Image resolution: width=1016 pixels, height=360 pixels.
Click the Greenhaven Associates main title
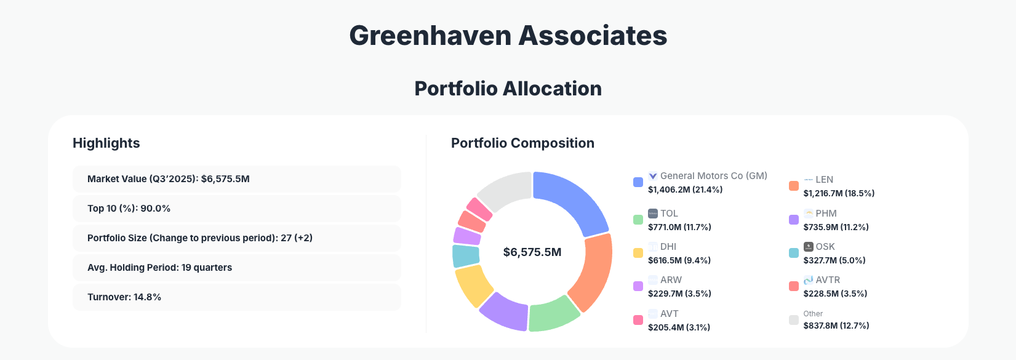click(508, 35)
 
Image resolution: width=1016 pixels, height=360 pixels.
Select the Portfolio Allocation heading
click(508, 89)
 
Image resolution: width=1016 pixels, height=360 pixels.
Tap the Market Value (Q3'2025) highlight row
click(236, 179)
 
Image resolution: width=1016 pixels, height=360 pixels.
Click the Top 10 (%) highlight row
click(236, 209)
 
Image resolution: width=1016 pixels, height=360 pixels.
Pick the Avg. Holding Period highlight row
click(236, 268)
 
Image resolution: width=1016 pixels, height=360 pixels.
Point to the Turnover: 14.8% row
click(236, 297)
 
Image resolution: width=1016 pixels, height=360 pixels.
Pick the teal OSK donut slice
click(465, 256)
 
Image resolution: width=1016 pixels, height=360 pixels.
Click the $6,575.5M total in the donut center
click(532, 252)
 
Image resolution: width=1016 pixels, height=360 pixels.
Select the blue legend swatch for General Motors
click(638, 182)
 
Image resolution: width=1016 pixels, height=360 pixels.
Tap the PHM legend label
click(826, 214)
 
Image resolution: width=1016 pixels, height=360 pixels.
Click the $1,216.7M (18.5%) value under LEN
click(839, 193)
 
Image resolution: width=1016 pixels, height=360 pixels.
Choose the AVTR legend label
click(828, 280)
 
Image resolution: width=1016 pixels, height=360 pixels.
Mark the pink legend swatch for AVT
click(638, 320)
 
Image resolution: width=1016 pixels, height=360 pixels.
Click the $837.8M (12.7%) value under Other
click(836, 326)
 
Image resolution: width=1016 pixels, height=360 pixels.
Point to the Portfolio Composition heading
click(522, 143)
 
